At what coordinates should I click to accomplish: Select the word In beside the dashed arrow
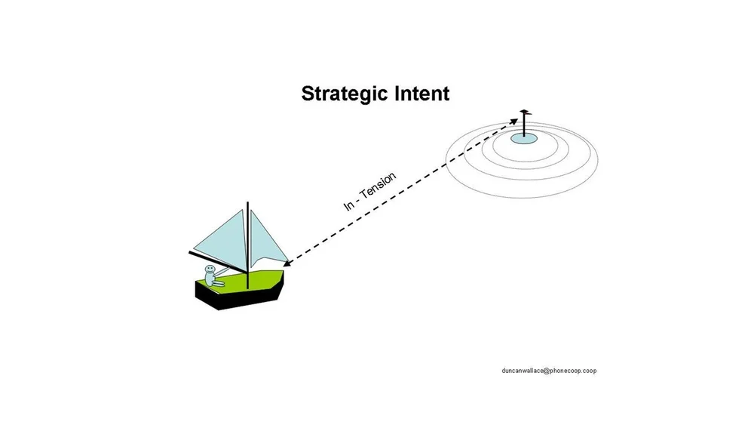pyautogui.click(x=349, y=205)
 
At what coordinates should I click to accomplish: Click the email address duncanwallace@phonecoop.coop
pyautogui.click(x=549, y=371)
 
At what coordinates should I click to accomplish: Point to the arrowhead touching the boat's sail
pyautogui.click(x=287, y=264)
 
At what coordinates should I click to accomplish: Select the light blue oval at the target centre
pyautogui.click(x=523, y=138)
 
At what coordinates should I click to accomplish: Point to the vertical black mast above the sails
pyautogui.click(x=247, y=215)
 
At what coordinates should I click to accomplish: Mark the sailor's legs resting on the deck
pyautogui.click(x=218, y=283)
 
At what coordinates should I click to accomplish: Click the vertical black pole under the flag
pyautogui.click(x=523, y=125)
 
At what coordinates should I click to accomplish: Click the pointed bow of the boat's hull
pyautogui.click(x=283, y=285)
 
